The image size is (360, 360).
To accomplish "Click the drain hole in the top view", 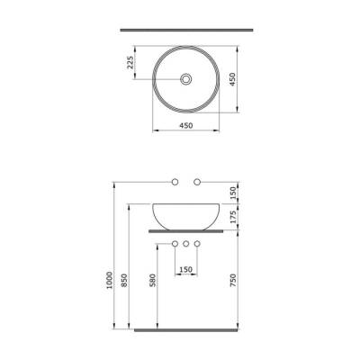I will (184, 80).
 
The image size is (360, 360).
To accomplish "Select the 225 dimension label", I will (130, 62).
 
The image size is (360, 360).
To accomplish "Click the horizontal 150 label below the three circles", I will (184, 269).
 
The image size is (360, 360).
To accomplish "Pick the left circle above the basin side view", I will (175, 183).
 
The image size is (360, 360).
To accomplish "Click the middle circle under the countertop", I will (184, 245).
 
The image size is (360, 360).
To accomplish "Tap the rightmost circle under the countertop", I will (197, 245).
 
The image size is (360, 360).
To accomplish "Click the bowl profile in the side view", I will (184, 216).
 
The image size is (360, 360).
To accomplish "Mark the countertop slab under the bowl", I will (184, 230).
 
